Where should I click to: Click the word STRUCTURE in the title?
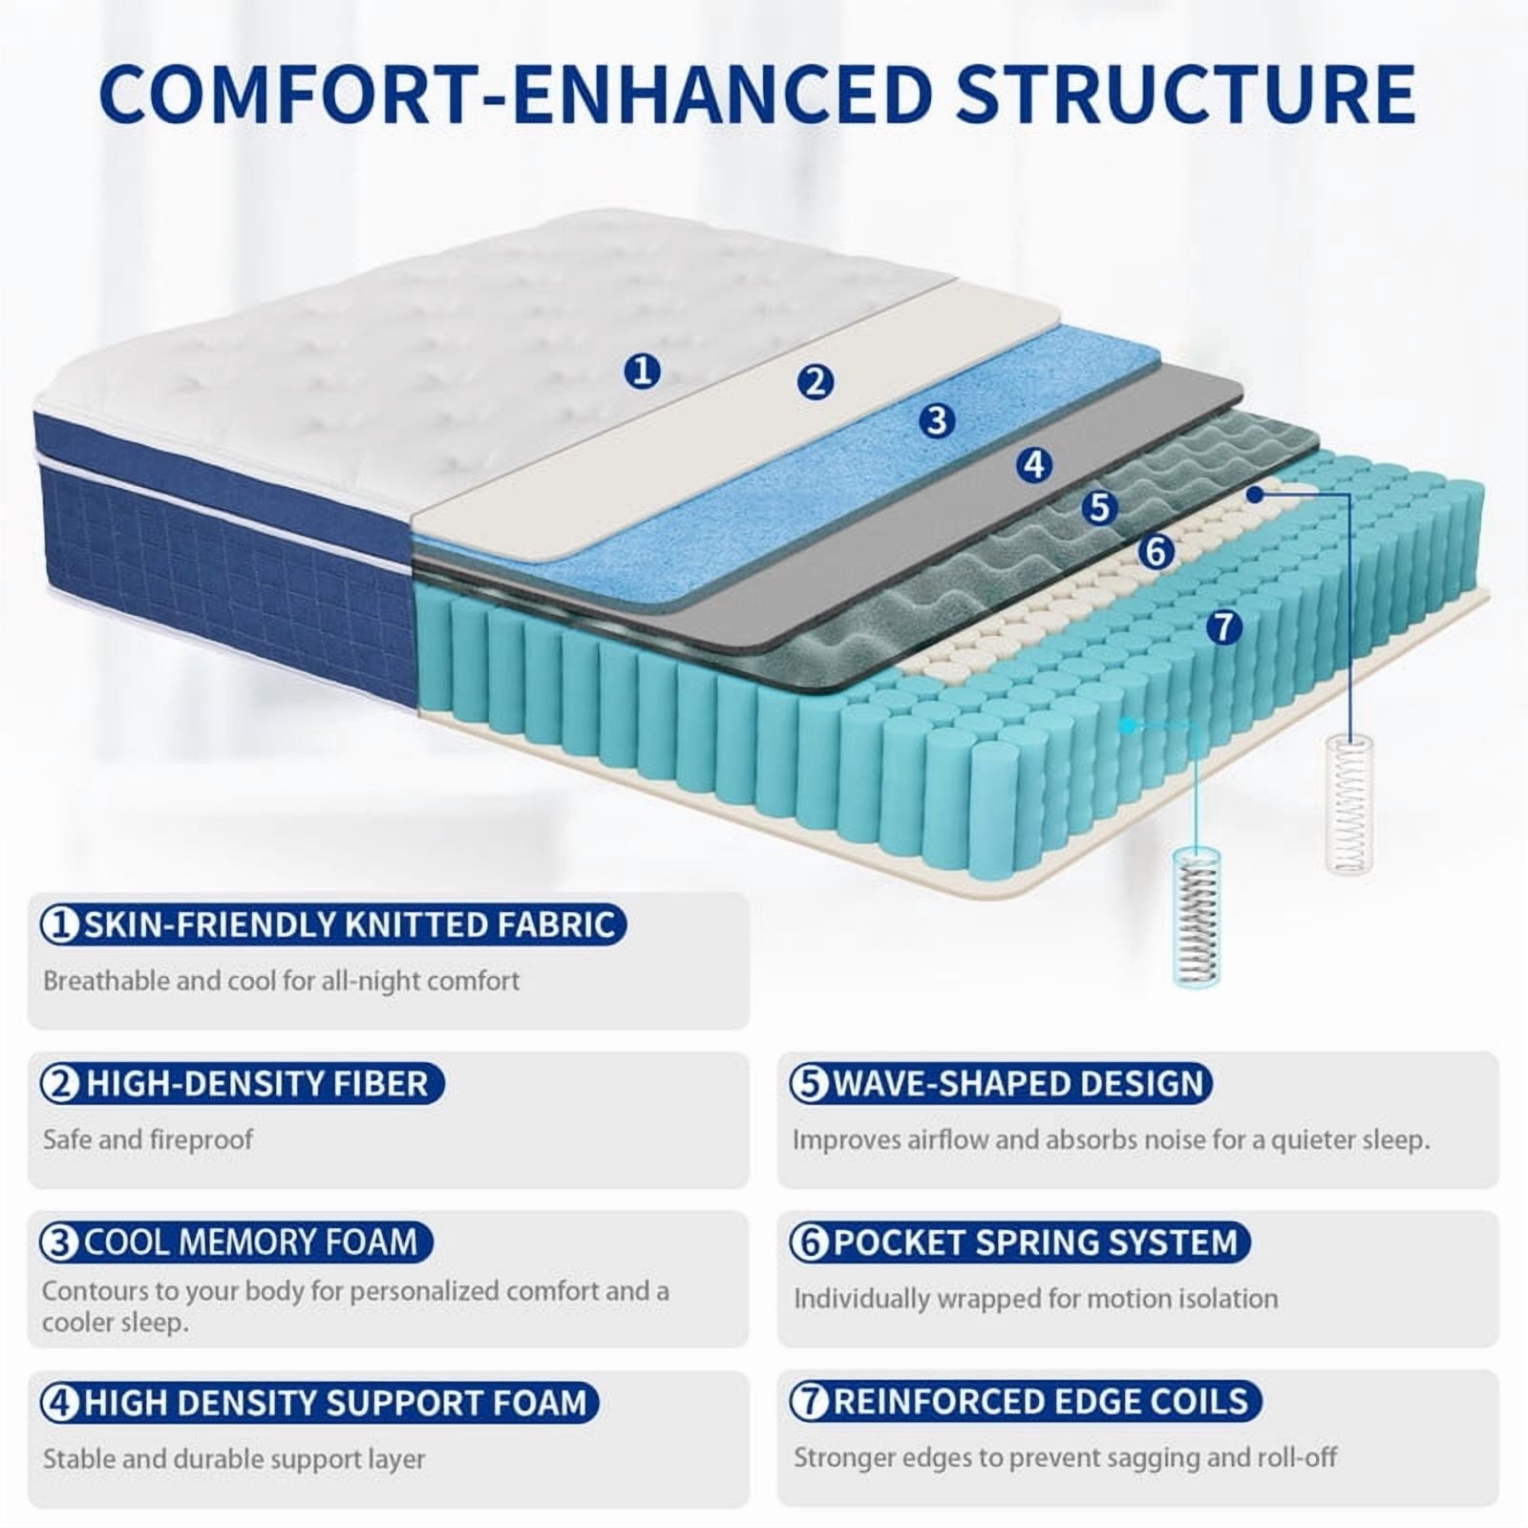pos(1186,93)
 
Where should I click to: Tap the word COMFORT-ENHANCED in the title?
pos(515,93)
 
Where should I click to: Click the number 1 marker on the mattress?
pos(643,370)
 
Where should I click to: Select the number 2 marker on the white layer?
pos(815,382)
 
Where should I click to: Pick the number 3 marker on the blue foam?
pos(937,420)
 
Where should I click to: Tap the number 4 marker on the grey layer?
pos(1034,465)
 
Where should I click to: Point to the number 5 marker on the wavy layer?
pos(1099,507)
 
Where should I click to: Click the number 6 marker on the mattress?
pos(1157,551)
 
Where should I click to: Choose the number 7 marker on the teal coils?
pos(1223,627)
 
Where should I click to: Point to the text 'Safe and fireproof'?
pos(148,1139)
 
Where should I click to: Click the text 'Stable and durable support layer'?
pos(234,1458)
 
